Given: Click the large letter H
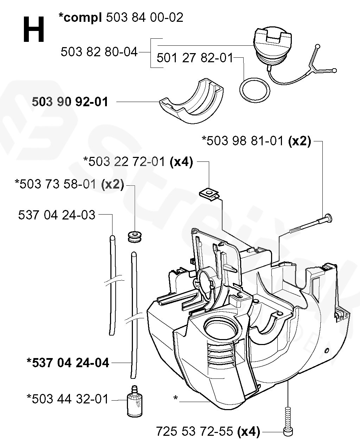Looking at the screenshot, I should [34, 30].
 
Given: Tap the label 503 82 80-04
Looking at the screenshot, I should [99, 52].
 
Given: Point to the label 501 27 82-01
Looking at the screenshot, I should [195, 57].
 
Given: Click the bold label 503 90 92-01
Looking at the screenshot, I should [70, 102].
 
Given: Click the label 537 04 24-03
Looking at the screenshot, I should [57, 215].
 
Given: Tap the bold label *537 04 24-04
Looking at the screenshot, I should [68, 362].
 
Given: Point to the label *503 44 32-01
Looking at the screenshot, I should [67, 399].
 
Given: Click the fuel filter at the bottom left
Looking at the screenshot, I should [134, 404].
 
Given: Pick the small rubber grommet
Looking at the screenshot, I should [135, 236].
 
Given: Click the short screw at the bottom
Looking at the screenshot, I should [288, 420].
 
